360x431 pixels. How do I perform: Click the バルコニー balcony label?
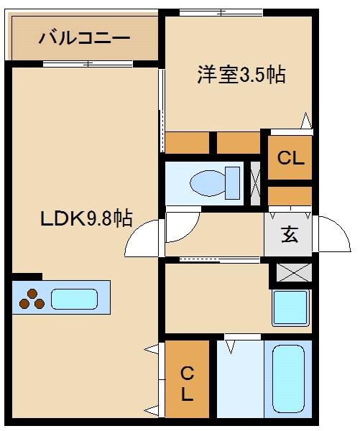pyautogui.click(x=84, y=37)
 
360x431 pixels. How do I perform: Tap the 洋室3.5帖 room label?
pyautogui.click(x=241, y=75)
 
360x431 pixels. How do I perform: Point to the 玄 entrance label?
pyautogui.click(x=290, y=235)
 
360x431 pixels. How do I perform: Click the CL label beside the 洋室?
pyautogui.click(x=291, y=158)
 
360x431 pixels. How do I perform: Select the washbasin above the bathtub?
pyautogui.click(x=290, y=307)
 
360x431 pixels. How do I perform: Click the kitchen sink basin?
pyautogui.click(x=74, y=298)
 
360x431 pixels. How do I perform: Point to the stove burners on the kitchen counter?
pyautogui.click(x=31, y=298)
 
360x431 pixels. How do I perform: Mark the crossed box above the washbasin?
pyautogui.click(x=291, y=273)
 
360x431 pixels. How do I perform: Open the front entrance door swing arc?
pyautogui.click(x=332, y=233)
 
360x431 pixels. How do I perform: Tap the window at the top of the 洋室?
pyautogui.click(x=221, y=11)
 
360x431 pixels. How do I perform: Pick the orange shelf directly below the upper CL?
pyautogui.click(x=290, y=195)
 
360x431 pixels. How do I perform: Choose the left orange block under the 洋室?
pyautogui.click(x=187, y=143)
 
